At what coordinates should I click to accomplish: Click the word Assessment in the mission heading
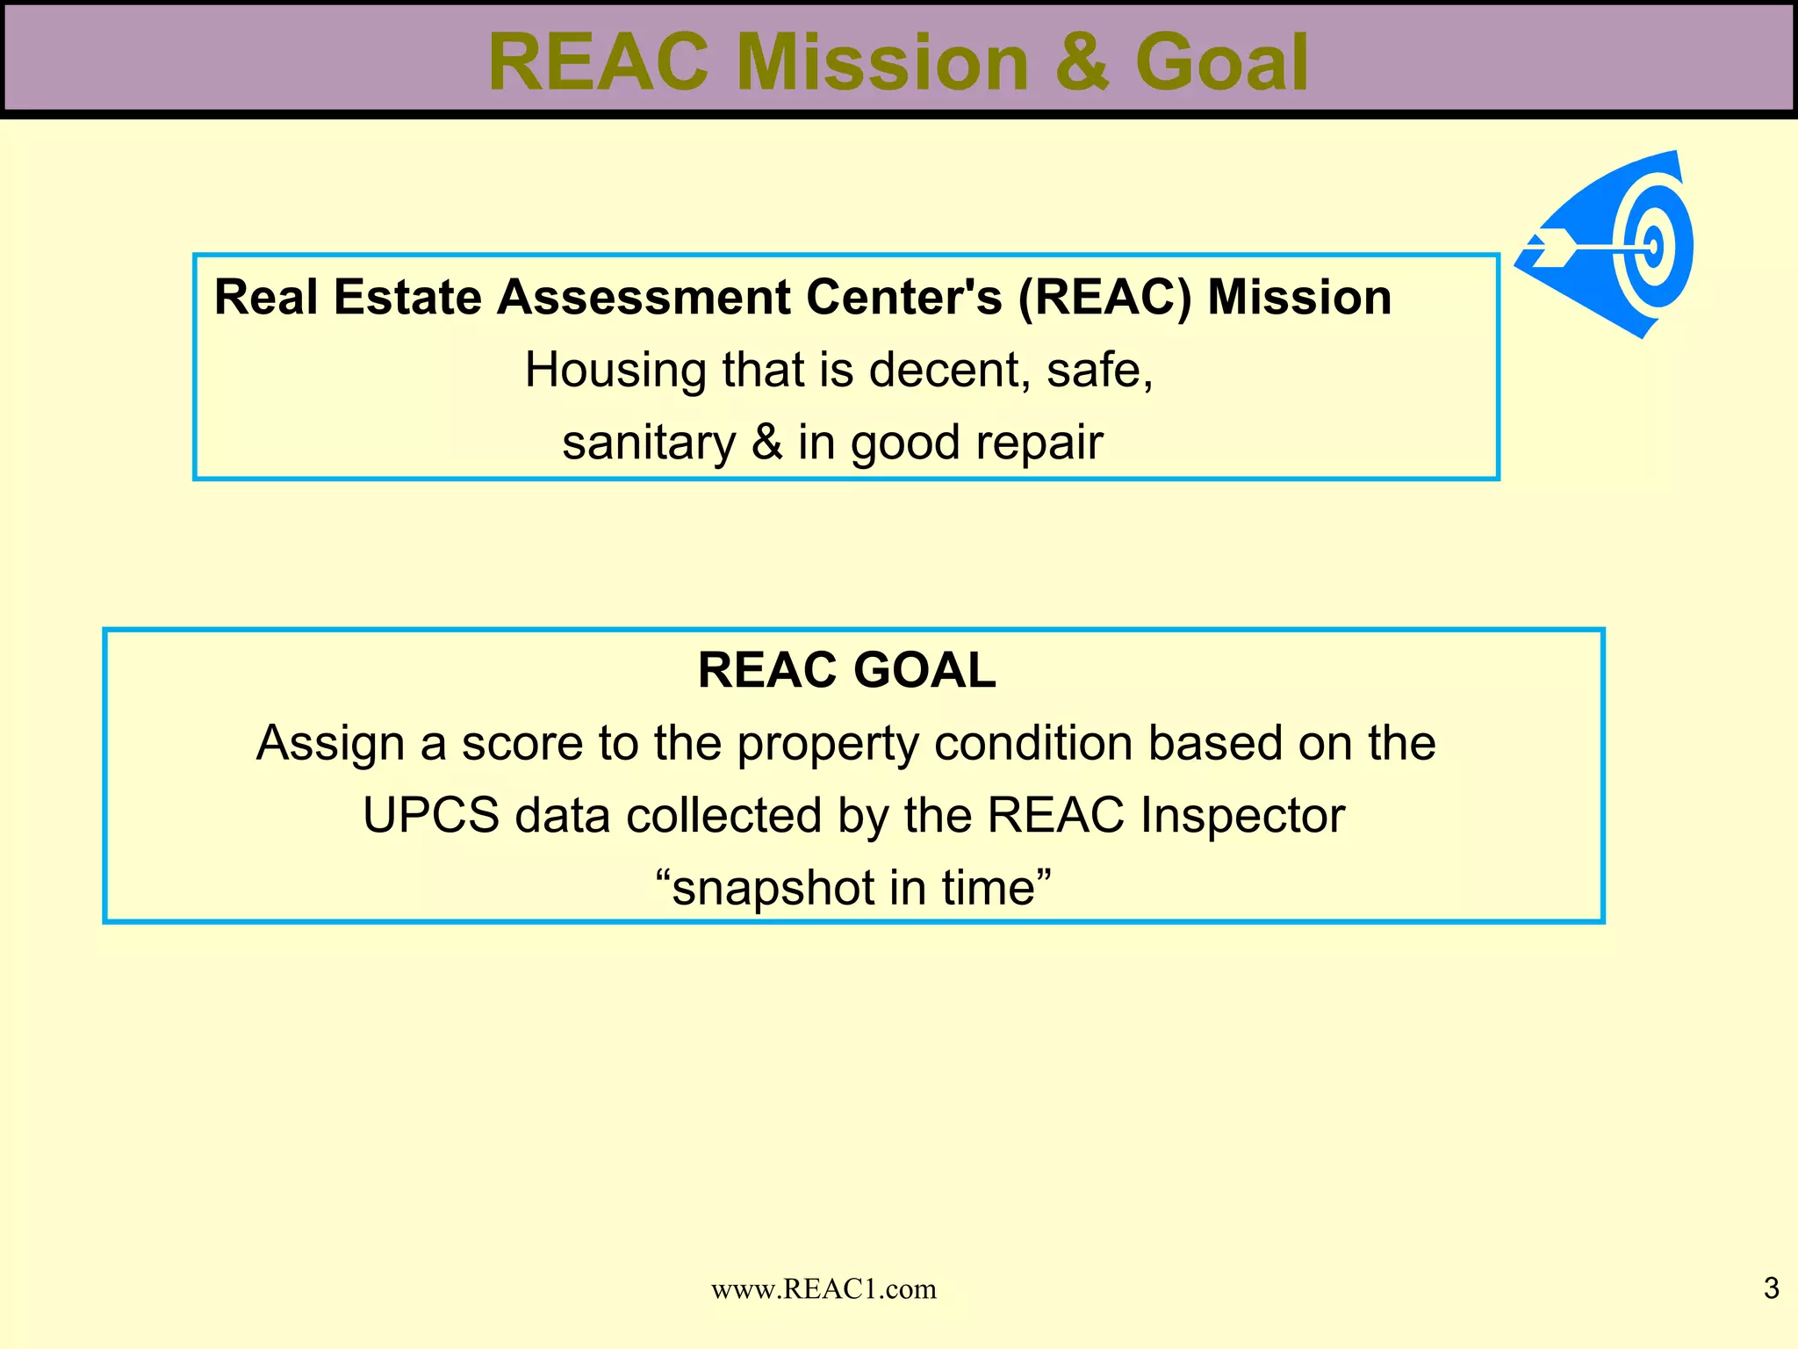(x=644, y=297)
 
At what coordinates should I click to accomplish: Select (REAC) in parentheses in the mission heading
(x=1105, y=297)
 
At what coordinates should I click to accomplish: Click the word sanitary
(x=648, y=442)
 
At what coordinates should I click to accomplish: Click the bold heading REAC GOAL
(x=846, y=670)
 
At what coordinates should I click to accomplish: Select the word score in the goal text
(x=522, y=743)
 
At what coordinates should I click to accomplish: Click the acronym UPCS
(x=431, y=815)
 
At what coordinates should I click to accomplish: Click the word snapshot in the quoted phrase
(x=772, y=889)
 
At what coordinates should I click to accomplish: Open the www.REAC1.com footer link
(x=823, y=1288)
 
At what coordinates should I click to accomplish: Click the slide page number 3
(x=1771, y=1288)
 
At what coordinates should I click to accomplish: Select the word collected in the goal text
(x=723, y=815)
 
